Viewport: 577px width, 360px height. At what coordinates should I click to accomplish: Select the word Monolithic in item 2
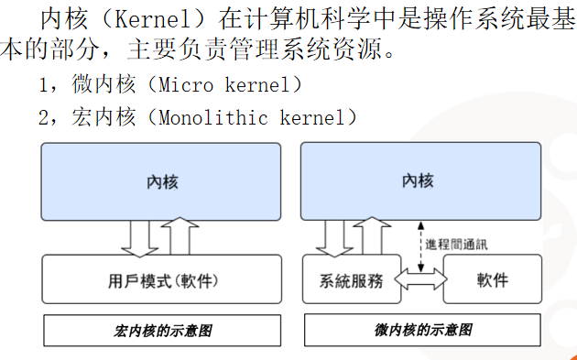pyautogui.click(x=214, y=117)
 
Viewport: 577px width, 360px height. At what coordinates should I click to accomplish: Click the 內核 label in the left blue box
pyautogui.click(x=162, y=181)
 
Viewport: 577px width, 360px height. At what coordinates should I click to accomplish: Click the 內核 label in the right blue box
pyautogui.click(x=417, y=180)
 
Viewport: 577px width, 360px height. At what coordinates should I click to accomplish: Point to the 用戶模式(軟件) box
pyautogui.click(x=162, y=279)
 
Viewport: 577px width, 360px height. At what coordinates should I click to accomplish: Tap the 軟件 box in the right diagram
pyautogui.click(x=492, y=279)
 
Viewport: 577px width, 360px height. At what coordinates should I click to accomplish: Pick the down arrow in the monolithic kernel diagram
pyautogui.click(x=140, y=238)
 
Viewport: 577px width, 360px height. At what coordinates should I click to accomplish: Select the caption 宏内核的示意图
pyautogui.click(x=162, y=330)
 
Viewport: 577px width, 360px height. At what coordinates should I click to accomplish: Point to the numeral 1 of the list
pyautogui.click(x=44, y=85)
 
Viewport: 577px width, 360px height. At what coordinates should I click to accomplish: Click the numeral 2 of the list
pyautogui.click(x=44, y=117)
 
